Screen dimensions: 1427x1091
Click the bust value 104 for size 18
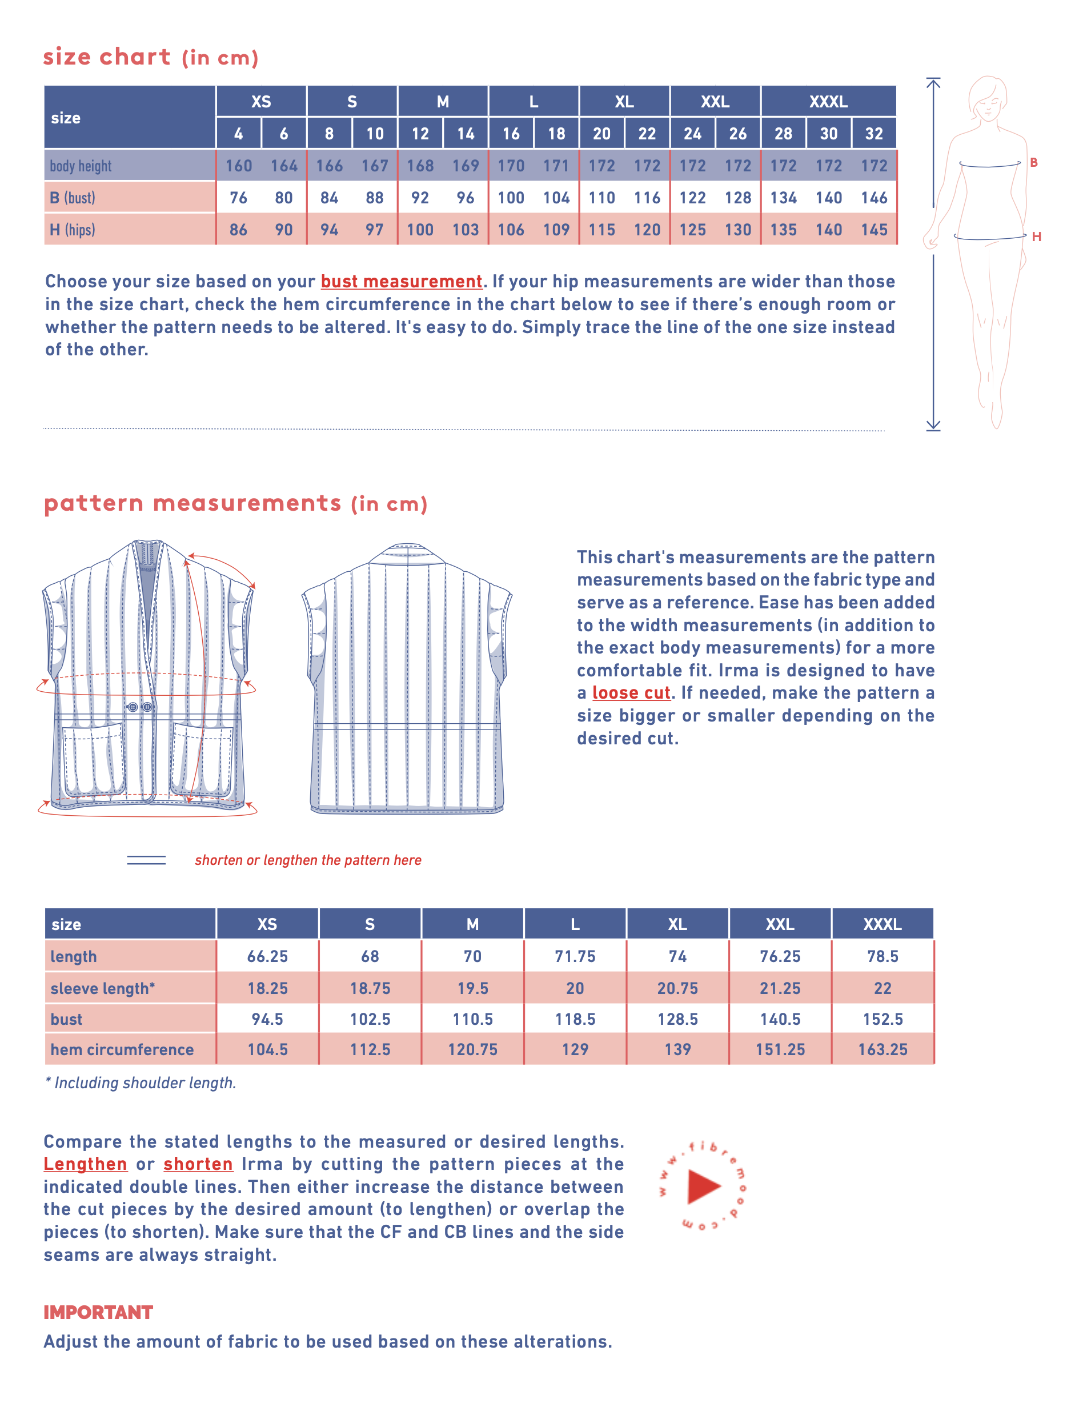pos(556,198)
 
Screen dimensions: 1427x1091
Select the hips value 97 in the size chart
pos(374,229)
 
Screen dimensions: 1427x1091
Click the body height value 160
pos(238,166)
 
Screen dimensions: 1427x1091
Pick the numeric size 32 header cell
pos(873,134)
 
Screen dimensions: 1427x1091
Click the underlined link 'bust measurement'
pos(402,281)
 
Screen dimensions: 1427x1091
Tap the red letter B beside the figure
pos(1033,162)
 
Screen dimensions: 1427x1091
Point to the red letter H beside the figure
pos(1036,237)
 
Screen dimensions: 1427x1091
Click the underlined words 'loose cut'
pos(631,692)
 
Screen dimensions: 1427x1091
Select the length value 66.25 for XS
pos(267,956)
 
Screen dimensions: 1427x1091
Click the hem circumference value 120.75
pos(472,1049)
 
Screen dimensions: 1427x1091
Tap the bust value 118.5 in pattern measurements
pos(575,1019)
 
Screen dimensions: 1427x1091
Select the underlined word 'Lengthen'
pos(85,1164)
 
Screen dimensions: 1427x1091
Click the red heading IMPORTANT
pos(98,1312)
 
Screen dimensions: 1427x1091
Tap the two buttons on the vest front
pos(139,707)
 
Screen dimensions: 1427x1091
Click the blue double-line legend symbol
pos(146,859)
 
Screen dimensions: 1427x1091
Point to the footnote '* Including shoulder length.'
pos(141,1083)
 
